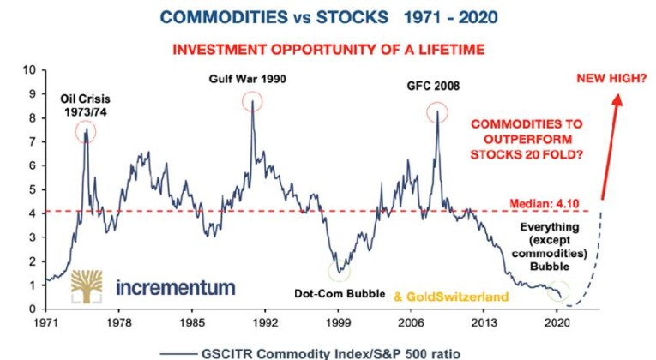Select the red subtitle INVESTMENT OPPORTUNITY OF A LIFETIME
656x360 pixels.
[328, 49]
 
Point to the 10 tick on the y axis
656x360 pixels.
[29, 69]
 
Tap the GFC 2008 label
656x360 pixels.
[436, 86]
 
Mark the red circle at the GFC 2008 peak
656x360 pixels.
[438, 112]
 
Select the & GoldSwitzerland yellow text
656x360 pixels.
[450, 297]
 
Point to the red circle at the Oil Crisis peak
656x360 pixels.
[86, 132]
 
